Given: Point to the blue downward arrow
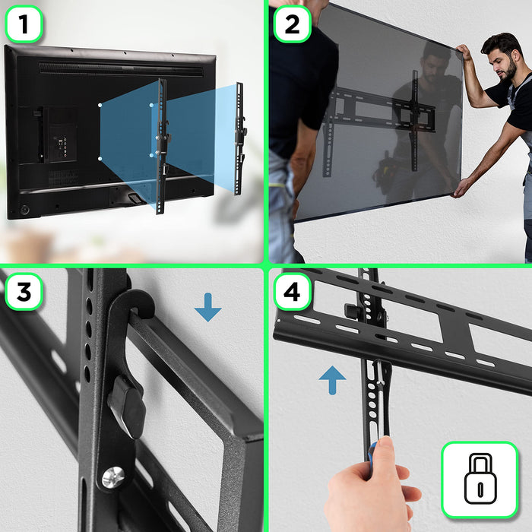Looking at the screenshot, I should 207,307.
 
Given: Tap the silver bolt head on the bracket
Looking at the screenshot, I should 112,477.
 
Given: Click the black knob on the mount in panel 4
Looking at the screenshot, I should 351,312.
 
